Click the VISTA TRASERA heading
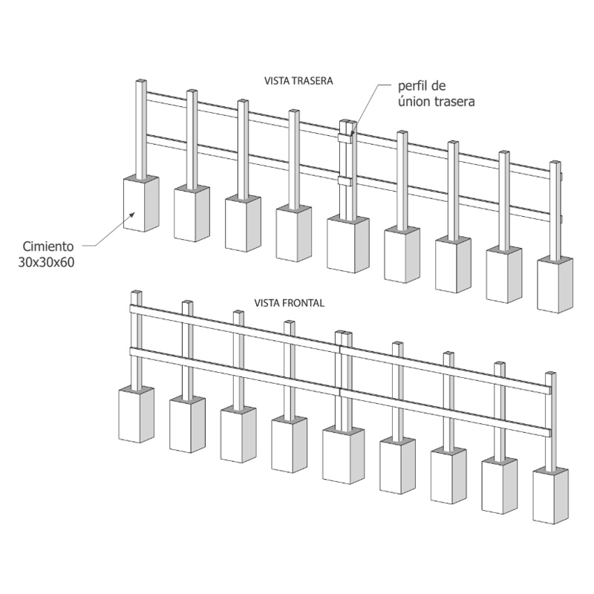tap(298, 81)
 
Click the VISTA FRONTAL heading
tap(289, 303)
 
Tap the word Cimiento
tap(48, 247)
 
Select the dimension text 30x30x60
tap(46, 262)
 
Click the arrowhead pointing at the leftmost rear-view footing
tap(131, 215)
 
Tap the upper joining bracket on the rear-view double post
tap(345, 138)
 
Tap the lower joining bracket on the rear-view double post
tap(345, 180)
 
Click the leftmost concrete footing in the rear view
tap(141, 203)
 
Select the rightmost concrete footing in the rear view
tap(555, 284)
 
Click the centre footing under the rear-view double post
tap(347, 244)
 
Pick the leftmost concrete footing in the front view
tap(137, 414)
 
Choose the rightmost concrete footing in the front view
tap(550, 495)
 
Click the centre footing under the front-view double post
tap(343, 454)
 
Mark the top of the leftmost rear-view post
tap(141, 81)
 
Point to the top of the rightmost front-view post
tap(551, 374)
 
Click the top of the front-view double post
tap(344, 333)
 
